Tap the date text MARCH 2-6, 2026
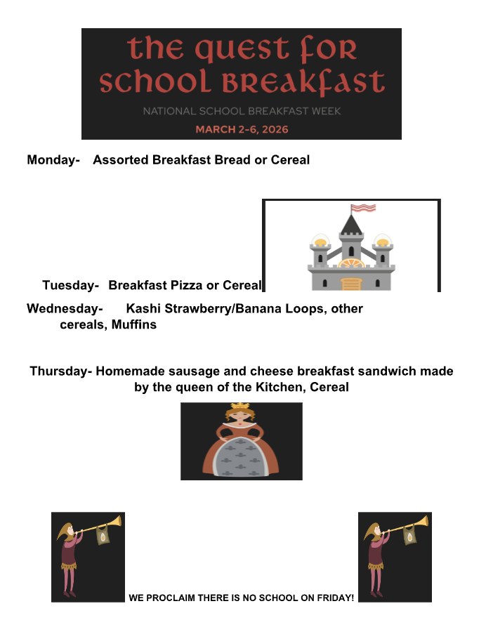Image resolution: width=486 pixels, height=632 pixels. pos(242,129)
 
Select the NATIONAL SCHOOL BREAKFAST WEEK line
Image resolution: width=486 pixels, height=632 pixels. pos(242,111)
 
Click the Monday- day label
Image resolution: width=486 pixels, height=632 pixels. pos(53,160)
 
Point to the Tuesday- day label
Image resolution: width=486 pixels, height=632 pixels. pos(70,286)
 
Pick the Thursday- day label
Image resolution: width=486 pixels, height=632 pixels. pos(60,371)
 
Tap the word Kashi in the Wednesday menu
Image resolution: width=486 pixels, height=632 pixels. pos(143,309)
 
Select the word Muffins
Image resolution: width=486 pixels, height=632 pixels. pos(134,324)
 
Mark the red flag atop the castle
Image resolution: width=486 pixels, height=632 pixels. pos(364,208)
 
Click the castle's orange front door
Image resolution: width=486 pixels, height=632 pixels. pos(350,283)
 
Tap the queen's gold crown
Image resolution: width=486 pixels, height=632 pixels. pos(241,407)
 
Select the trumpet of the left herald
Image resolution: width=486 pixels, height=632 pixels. pos(98,525)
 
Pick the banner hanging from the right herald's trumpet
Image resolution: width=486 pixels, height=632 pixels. pos(410,537)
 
